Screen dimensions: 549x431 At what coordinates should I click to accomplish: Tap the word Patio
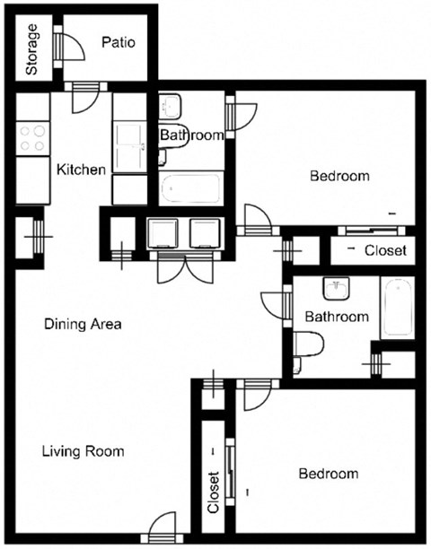tap(118, 41)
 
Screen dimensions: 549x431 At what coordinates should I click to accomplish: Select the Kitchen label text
tap(81, 169)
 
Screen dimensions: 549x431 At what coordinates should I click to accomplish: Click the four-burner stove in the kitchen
tap(32, 138)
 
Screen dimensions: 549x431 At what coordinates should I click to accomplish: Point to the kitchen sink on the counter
tap(129, 144)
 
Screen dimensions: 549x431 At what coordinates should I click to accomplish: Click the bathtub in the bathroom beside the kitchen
tap(190, 189)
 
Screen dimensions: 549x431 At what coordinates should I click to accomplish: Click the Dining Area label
tap(83, 324)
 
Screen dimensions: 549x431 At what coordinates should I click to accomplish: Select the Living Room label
tap(83, 451)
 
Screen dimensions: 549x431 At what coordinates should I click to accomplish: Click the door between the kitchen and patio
tap(90, 96)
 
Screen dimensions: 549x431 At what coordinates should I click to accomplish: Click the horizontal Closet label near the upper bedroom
tap(385, 250)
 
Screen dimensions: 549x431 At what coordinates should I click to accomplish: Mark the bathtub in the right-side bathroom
tap(396, 309)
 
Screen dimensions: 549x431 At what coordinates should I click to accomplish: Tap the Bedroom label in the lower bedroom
tap(328, 474)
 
